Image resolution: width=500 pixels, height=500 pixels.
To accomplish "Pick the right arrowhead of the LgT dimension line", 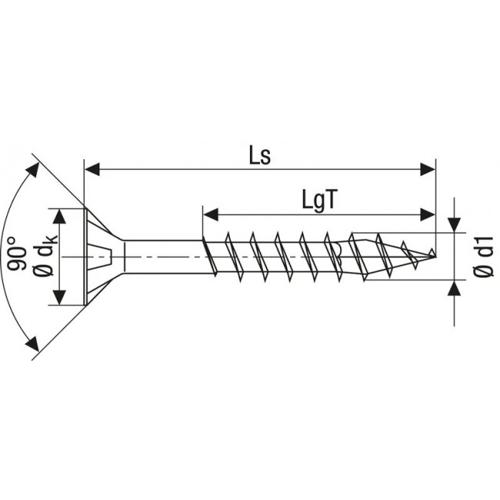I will (427, 213).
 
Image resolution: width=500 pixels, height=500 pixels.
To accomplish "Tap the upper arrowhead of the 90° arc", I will (33, 168).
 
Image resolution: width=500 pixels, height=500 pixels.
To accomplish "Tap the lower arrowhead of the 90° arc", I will (32, 345).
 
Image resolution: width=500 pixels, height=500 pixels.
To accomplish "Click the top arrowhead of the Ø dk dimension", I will (59, 215).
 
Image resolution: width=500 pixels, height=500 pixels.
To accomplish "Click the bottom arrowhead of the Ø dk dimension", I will (59, 297).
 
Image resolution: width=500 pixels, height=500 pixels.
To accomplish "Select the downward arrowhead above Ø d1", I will (455, 223).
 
